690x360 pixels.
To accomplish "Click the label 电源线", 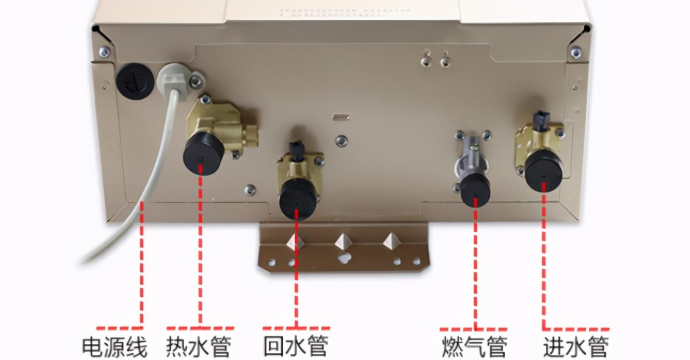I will pos(115,347).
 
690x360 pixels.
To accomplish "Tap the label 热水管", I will pos(199,347).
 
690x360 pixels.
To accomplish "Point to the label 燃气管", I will pos(474,347).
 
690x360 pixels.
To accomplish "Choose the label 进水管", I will pos(576,347).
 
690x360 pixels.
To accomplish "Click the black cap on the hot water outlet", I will pos(203,153).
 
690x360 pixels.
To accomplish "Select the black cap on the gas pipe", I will pos(475,190).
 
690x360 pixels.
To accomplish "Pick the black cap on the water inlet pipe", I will pos(543,171).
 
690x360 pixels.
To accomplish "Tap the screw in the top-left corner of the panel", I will pos(105,51).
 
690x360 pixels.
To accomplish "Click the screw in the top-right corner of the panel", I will pos(576,52).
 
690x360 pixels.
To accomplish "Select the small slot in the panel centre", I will pos(341,117).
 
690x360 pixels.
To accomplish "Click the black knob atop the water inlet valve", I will pos(541,120).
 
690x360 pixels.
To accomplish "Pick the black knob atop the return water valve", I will pos(297,148).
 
